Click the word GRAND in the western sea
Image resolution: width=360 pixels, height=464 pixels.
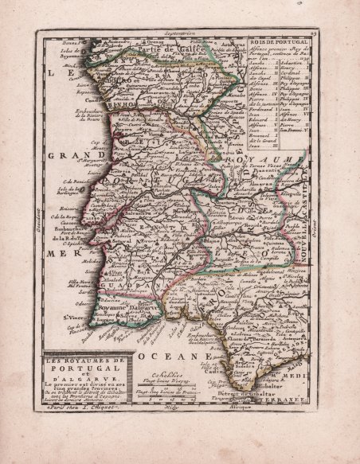click(68, 155)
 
